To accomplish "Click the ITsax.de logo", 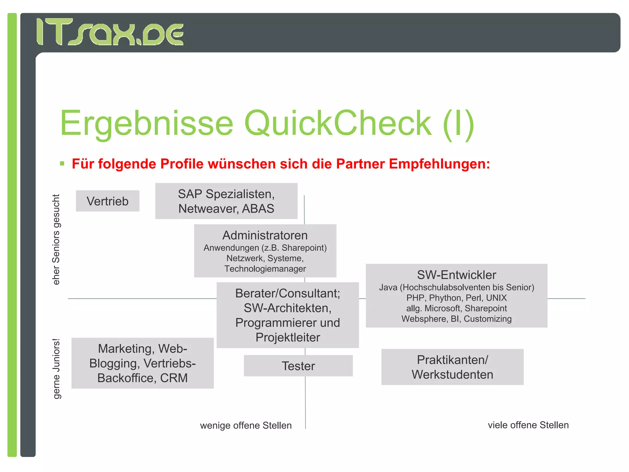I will tap(110, 32).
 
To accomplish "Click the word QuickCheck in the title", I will tap(338, 124).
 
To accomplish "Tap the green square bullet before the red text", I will tap(62, 163).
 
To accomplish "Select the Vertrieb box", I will tap(107, 201).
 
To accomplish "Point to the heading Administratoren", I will tap(265, 235).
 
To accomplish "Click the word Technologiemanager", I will tap(265, 269).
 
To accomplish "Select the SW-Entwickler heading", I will tap(456, 275).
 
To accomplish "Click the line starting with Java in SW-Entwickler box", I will tap(456, 288).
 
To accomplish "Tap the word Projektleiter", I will tap(288, 337).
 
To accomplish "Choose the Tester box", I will tap(298, 366).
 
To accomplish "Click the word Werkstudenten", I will tap(452, 375).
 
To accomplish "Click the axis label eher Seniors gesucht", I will tap(56, 240).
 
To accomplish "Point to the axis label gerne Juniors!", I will tap(56, 369).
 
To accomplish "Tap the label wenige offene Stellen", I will tap(246, 426).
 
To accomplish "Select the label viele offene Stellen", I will tap(528, 425).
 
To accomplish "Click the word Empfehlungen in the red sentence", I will tap(439, 164).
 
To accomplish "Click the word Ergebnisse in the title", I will tap(147, 124).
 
